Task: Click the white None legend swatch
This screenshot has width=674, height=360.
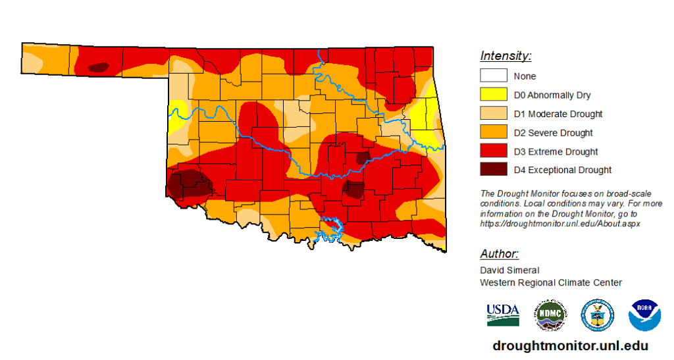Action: tap(493, 76)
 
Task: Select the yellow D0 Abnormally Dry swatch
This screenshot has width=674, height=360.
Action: tap(493, 95)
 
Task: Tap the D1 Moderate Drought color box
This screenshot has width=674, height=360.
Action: tap(493, 114)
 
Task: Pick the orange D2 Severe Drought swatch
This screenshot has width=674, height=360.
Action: tap(493, 132)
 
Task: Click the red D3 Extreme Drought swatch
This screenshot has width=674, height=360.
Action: tap(493, 151)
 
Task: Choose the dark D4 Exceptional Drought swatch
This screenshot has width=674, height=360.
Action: tap(493, 170)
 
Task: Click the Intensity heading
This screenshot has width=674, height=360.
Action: tap(505, 56)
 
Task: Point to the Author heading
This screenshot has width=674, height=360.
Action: tap(500, 254)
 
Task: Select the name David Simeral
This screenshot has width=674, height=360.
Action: tap(509, 270)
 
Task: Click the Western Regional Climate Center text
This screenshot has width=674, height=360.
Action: tap(550, 282)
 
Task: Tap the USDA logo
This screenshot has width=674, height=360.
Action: tap(503, 315)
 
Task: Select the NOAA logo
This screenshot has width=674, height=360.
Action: tap(644, 315)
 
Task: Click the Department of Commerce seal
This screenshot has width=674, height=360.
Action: tap(597, 315)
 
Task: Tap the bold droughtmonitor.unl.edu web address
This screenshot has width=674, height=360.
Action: tap(570, 346)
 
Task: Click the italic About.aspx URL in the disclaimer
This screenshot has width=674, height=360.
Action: tap(560, 224)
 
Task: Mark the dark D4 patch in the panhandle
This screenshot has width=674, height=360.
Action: tap(99, 66)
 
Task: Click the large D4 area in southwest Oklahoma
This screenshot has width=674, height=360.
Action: tap(187, 183)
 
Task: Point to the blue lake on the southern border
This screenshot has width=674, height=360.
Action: tap(329, 228)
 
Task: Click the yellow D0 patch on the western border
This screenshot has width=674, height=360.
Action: tap(175, 117)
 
